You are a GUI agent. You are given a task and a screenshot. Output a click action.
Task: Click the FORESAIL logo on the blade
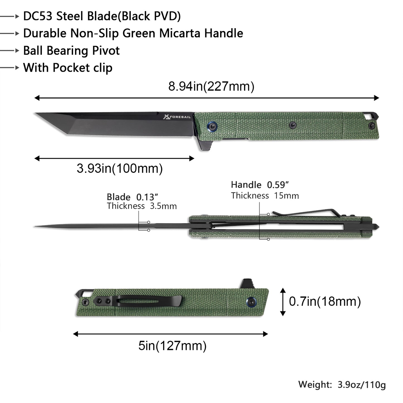(x=177, y=117)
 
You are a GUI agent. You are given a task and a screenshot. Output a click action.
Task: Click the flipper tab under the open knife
(x=205, y=145)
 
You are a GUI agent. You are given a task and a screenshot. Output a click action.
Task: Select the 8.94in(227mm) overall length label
(x=211, y=86)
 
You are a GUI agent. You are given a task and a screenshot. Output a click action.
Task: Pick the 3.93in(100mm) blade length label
(x=120, y=168)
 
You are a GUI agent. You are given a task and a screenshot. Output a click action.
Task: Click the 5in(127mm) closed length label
(x=172, y=346)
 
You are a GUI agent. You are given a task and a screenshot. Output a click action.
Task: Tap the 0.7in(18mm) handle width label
(x=325, y=301)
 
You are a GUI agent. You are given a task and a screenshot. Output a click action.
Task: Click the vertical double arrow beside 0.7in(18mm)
(x=283, y=302)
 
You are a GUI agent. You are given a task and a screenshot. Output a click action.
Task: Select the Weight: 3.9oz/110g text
(x=342, y=385)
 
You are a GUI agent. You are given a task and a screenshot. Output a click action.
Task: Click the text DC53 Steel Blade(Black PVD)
(x=102, y=16)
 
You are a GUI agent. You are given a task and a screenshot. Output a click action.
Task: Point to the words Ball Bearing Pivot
(x=71, y=51)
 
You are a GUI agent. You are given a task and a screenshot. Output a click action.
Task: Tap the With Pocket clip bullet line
(x=68, y=68)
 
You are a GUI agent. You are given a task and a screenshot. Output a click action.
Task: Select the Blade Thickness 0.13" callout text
(x=141, y=201)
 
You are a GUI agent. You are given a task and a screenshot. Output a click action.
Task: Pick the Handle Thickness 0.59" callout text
(x=264, y=190)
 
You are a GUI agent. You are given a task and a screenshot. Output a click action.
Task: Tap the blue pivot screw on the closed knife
(x=252, y=301)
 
